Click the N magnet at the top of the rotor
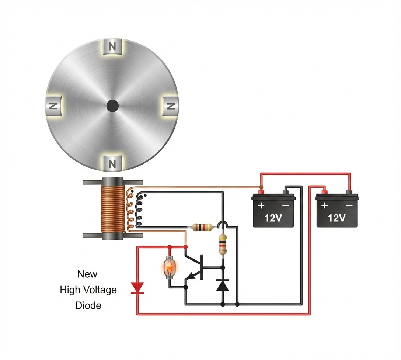tap(113, 47)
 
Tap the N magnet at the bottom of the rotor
tap(113, 163)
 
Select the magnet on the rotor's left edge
tap(53, 106)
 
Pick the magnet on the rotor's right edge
tap(171, 106)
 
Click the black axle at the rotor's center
tap(112, 106)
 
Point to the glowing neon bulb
tap(170, 267)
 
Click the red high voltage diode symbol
tap(137, 288)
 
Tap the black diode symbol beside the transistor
tap(222, 285)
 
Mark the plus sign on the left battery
tap(261, 205)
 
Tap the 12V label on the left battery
tap(273, 218)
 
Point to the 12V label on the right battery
tap(336, 218)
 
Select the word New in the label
tap(87, 274)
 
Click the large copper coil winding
tap(112, 209)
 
